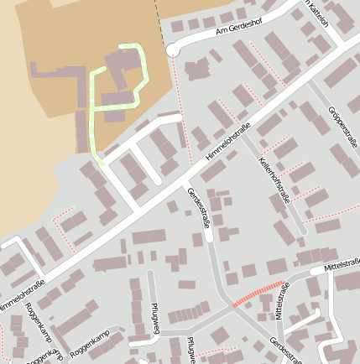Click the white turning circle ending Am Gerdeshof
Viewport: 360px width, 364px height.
click(174, 50)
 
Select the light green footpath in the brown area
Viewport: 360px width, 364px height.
click(92, 109)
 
